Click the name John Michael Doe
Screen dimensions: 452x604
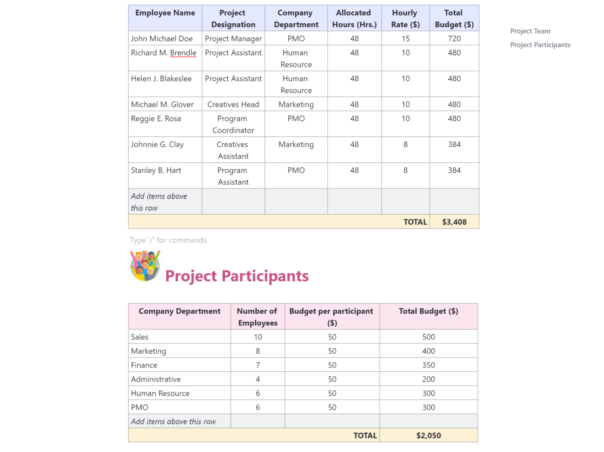(x=162, y=38)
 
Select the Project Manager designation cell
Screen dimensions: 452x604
(x=233, y=38)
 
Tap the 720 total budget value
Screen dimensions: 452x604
(x=454, y=38)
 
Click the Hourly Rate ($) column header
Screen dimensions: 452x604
(x=405, y=19)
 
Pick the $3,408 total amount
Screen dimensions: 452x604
(x=454, y=222)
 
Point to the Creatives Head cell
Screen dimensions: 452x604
(x=233, y=104)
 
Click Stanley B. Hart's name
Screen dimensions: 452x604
(x=156, y=171)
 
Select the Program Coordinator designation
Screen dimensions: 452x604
(x=233, y=124)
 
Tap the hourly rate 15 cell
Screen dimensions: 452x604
(x=405, y=38)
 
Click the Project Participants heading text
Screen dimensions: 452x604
(x=237, y=276)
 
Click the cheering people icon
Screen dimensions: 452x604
(x=145, y=266)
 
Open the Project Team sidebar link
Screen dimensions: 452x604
(x=530, y=31)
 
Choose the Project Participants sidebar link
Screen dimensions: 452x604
(x=540, y=45)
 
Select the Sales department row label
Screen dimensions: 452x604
(x=140, y=337)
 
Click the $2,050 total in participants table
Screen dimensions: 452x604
(x=428, y=436)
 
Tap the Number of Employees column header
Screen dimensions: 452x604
(x=258, y=317)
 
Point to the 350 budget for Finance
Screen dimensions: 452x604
(x=428, y=365)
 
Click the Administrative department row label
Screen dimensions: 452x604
(x=156, y=379)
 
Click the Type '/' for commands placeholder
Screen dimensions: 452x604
(x=168, y=240)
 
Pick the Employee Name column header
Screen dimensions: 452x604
(x=165, y=13)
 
